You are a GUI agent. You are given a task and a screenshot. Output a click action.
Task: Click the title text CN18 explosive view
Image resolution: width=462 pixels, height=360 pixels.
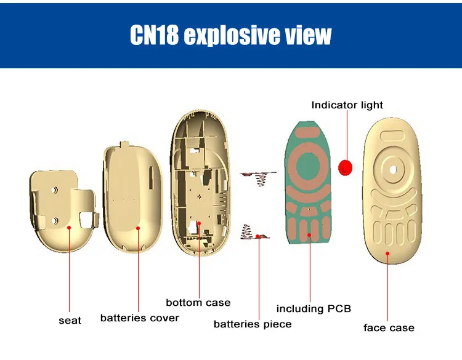pyautogui.click(x=230, y=35)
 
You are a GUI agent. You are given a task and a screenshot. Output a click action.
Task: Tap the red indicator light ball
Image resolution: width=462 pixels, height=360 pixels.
pyautogui.click(x=346, y=166)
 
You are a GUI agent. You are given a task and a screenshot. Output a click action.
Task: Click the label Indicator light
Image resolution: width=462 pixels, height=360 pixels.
pyautogui.click(x=347, y=105)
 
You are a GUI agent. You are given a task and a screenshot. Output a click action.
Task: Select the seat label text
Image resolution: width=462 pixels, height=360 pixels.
pyautogui.click(x=70, y=320)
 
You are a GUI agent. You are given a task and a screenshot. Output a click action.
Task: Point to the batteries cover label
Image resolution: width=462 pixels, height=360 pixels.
pyautogui.click(x=139, y=318)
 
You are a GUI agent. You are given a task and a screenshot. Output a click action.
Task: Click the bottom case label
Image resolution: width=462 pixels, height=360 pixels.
pyautogui.click(x=198, y=302)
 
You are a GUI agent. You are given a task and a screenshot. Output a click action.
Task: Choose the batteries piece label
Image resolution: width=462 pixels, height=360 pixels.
pyautogui.click(x=253, y=324)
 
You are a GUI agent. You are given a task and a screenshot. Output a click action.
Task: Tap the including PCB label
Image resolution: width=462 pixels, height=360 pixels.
pyautogui.click(x=314, y=308)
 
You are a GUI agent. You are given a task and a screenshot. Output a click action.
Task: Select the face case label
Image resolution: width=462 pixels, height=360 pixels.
pyautogui.click(x=389, y=327)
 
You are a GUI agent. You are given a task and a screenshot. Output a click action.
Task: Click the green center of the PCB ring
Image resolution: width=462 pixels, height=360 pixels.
pyautogui.click(x=307, y=167)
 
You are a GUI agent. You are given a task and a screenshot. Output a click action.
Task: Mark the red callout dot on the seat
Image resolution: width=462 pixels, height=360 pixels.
pyautogui.click(x=70, y=228)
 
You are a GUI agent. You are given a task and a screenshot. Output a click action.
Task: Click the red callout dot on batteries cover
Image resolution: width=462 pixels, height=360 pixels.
pyautogui.click(x=138, y=228)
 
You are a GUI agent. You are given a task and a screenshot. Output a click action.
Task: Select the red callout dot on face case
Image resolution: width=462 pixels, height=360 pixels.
pyautogui.click(x=387, y=253)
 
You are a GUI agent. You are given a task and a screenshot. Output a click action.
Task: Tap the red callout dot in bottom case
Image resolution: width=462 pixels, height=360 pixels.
pyautogui.click(x=199, y=223)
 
